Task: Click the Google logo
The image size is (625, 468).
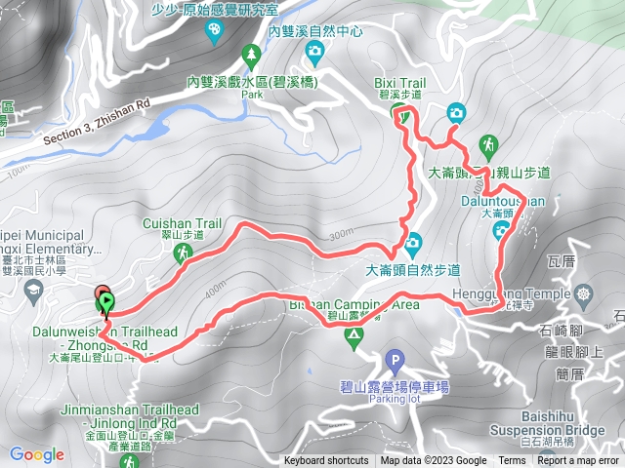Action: pos(37,454)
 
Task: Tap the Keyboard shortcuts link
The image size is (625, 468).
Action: pos(326,461)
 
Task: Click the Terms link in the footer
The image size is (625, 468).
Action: pos(512,461)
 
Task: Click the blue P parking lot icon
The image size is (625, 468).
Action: pos(395,358)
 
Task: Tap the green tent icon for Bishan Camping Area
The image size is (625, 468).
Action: pos(354,335)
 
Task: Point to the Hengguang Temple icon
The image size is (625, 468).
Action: pos(584,293)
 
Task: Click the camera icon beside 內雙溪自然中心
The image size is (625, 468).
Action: pos(314,50)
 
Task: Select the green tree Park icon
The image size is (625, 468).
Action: pos(251,53)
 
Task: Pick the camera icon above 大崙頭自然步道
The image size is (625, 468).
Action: pos(412,242)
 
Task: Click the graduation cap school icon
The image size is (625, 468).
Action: pos(32,290)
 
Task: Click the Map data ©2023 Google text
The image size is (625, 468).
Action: pos(434,461)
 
